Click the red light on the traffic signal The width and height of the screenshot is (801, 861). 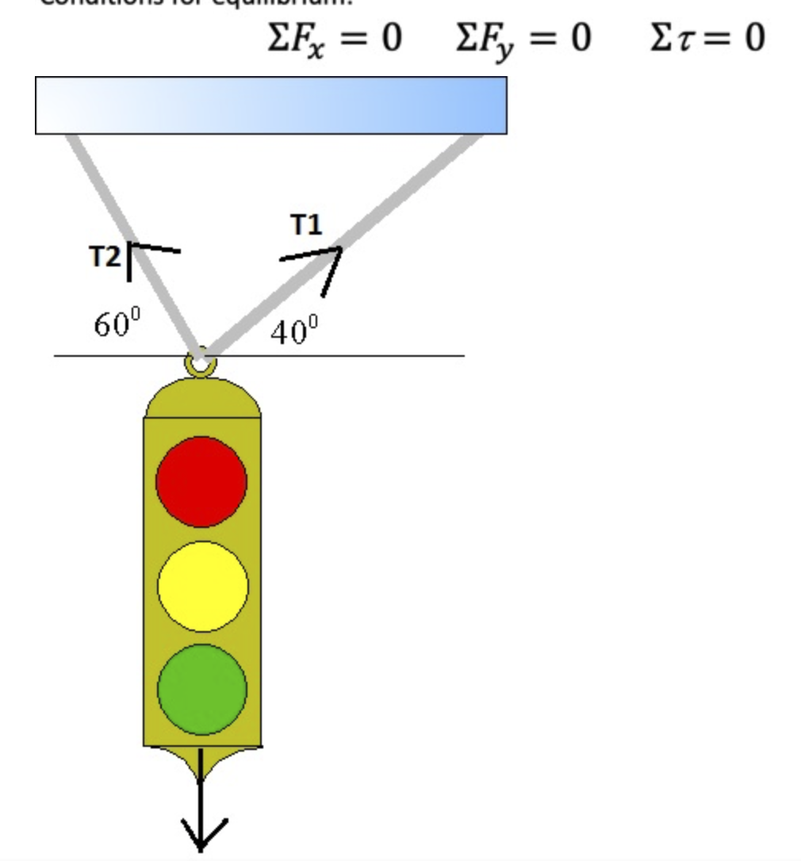[x=201, y=480]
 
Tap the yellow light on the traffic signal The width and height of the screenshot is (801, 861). [x=202, y=586]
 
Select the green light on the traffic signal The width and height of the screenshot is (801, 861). [x=202, y=689]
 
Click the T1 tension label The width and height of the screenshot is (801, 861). [x=306, y=225]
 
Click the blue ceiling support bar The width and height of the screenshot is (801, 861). [x=270, y=105]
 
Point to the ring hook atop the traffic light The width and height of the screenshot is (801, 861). [x=200, y=364]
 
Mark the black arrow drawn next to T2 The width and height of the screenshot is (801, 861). [x=143, y=254]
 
